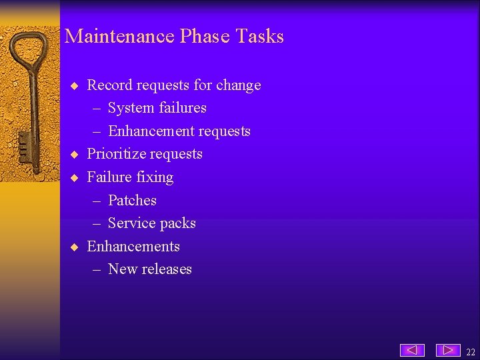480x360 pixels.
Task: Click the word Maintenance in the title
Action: (x=119, y=36)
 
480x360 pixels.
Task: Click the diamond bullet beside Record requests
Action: (x=75, y=86)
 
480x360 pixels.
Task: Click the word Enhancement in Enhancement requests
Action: (x=151, y=131)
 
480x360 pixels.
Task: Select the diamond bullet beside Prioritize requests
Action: (x=75, y=155)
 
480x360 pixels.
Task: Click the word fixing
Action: (x=153, y=177)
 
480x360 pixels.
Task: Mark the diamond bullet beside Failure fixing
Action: (x=75, y=178)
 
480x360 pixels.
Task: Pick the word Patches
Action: (x=132, y=201)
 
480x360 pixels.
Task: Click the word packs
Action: (x=178, y=223)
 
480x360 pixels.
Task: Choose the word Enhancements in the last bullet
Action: (x=133, y=247)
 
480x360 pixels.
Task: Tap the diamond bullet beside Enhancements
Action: (x=75, y=247)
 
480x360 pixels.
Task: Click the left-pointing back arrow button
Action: (x=412, y=350)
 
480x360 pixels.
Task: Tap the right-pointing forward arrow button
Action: (x=448, y=350)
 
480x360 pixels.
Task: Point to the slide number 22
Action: (x=471, y=352)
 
